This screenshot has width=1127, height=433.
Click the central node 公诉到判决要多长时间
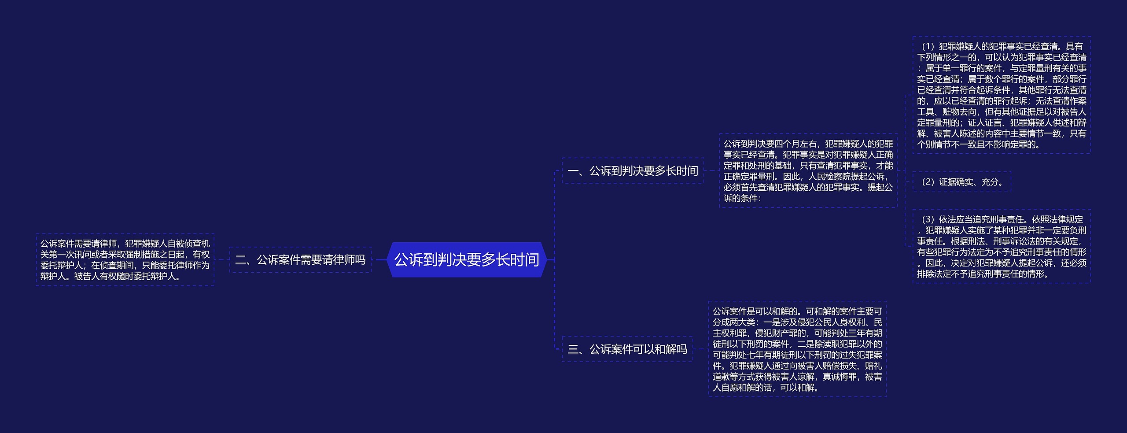467,260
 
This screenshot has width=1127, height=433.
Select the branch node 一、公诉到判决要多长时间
633,171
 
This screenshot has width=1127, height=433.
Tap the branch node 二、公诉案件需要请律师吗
300,260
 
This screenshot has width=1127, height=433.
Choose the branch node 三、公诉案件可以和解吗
627,349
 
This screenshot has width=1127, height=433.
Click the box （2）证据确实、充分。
961,182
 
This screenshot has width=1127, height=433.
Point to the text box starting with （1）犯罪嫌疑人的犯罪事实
1002,95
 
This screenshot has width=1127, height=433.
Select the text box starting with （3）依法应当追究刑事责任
1002,246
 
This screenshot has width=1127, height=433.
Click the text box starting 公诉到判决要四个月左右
808,171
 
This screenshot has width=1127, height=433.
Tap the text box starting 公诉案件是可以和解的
797,349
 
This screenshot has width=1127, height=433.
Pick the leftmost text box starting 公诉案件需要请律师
125,260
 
